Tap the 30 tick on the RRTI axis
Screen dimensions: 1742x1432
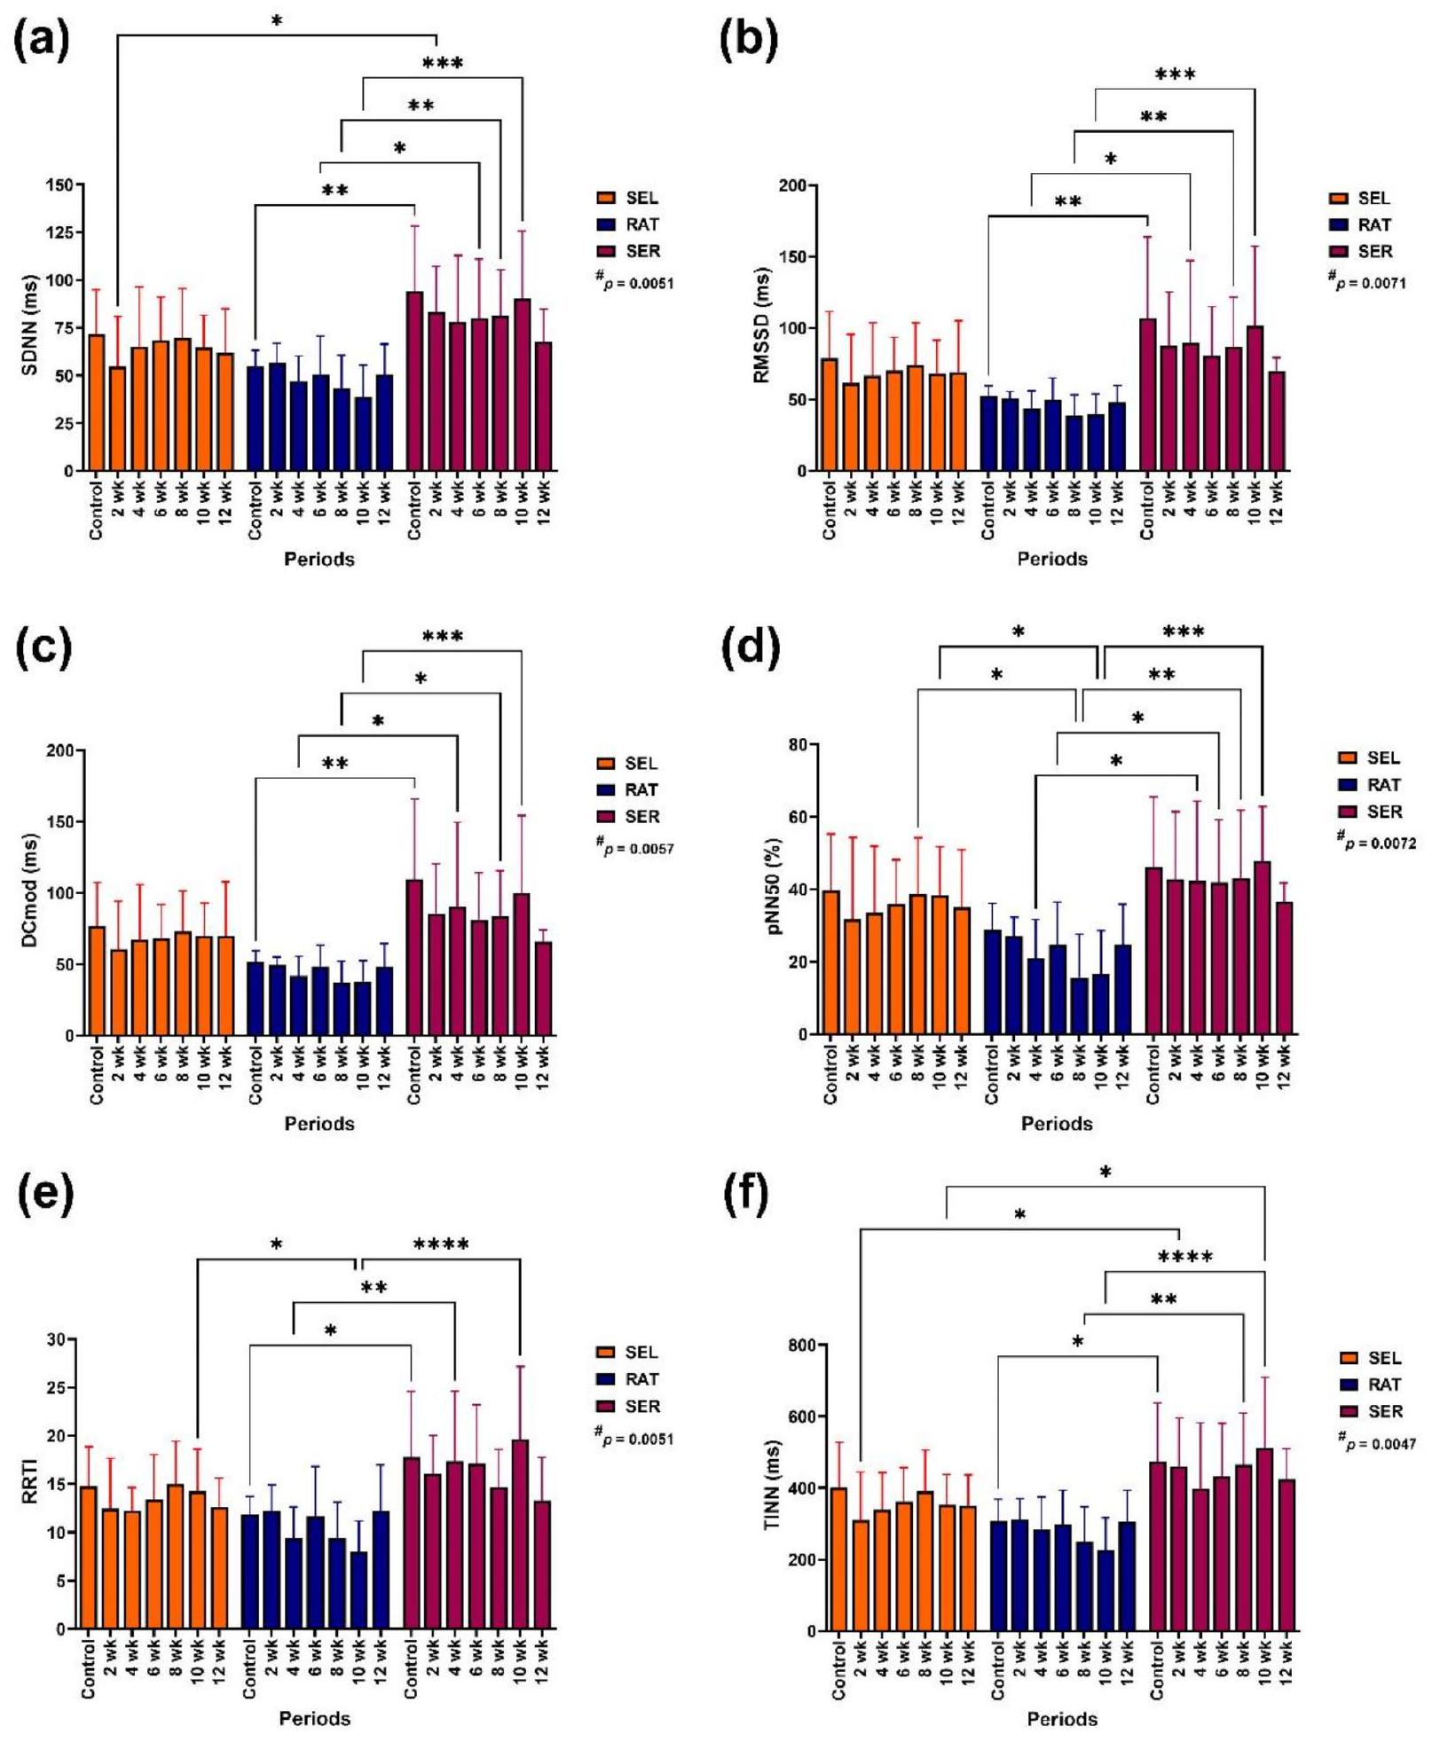(x=58, y=1339)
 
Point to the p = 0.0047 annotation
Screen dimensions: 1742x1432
(x=1377, y=1444)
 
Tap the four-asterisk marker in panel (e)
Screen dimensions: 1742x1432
(x=441, y=1245)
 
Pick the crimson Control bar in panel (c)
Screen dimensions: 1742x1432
(x=413, y=957)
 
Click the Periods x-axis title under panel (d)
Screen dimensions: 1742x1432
(x=1056, y=1124)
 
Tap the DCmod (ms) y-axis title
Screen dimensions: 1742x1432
(x=31, y=891)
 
